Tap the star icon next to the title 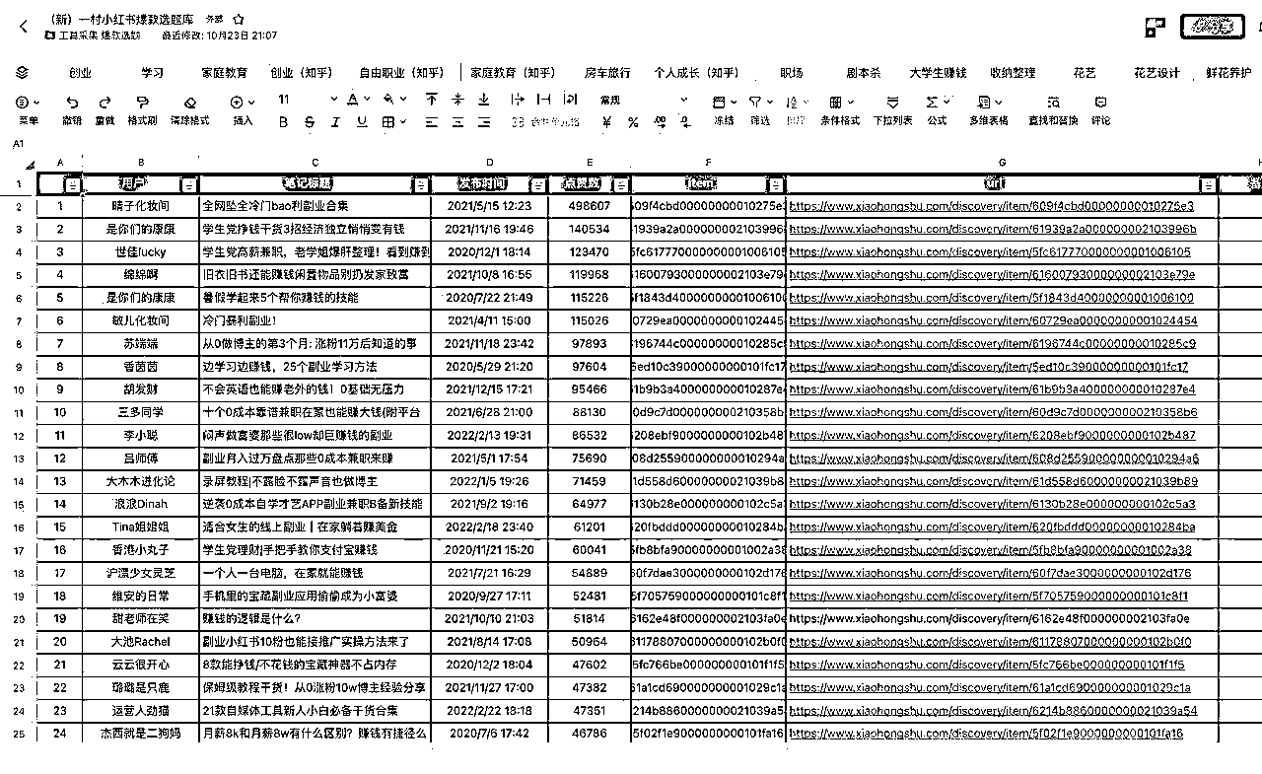(x=239, y=19)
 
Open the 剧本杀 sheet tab (x=863, y=73)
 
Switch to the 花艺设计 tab (x=1157, y=73)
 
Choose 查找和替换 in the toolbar (x=1053, y=110)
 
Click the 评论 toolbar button (x=1100, y=110)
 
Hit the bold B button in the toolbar (x=284, y=122)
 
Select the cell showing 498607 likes (x=590, y=206)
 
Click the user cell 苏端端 (x=141, y=344)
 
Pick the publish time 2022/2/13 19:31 (x=489, y=435)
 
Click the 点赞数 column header (x=590, y=183)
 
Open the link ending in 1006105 (x=990, y=252)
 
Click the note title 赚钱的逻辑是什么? (x=251, y=619)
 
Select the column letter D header (x=490, y=163)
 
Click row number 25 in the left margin (x=18, y=734)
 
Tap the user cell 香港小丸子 (x=141, y=550)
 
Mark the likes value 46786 (x=590, y=734)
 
